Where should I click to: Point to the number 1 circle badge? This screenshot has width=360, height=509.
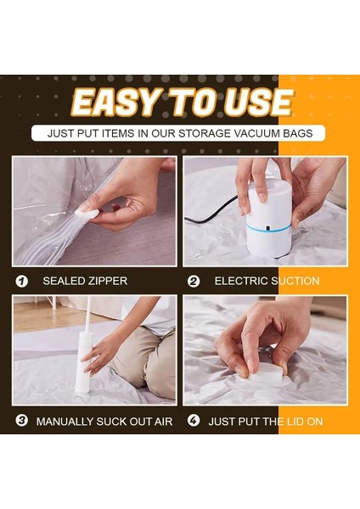[x=22, y=281]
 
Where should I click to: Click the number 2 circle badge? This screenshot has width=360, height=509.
[x=194, y=281]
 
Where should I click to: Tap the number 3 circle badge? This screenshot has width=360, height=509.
[x=22, y=421]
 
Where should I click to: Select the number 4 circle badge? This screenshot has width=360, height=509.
[x=194, y=421]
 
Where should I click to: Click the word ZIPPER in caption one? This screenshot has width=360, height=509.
[x=109, y=281]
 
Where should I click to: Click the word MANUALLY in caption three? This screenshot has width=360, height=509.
[x=65, y=422]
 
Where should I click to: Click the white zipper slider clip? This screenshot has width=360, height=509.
[x=87, y=213]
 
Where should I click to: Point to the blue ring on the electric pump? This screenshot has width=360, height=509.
[x=268, y=227]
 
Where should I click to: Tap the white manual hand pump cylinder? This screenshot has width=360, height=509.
[x=83, y=362]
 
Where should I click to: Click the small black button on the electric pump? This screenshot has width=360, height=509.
[x=267, y=228]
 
